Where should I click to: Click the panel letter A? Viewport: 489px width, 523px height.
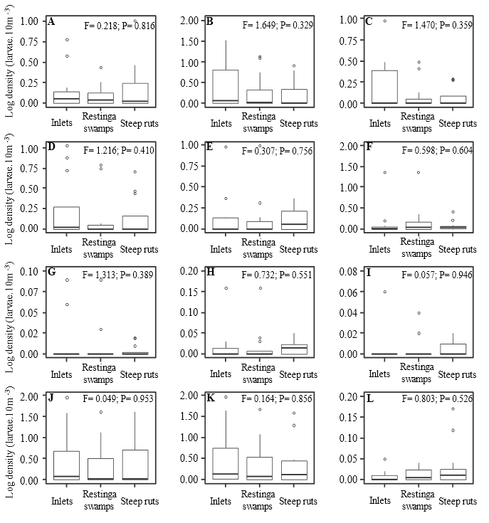(x=51, y=21)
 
